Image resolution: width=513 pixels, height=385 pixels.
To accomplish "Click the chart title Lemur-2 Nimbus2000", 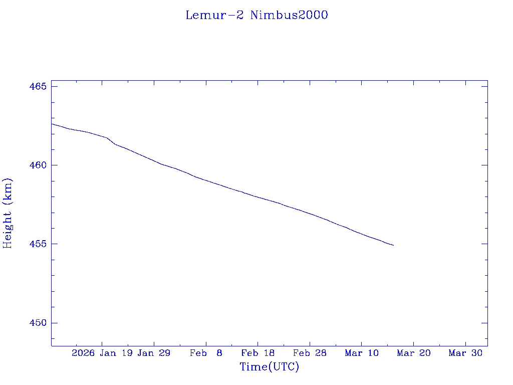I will [x=256, y=16].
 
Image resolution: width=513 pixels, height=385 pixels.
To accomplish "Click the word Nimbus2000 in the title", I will [x=289, y=16].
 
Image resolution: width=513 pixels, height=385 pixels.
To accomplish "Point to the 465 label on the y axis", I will [x=39, y=87].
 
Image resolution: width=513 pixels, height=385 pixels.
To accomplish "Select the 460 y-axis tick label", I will [x=39, y=165].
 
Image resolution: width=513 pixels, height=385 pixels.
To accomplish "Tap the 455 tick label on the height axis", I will [x=39, y=244].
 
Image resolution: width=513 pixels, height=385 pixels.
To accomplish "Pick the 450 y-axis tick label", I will [x=39, y=323].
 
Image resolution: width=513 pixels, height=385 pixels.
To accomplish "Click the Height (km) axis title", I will [x=8, y=213].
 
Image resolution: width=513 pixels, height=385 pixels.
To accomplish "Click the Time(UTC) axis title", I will [x=270, y=367].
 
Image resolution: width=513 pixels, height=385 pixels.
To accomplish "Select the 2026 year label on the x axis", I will [x=83, y=353].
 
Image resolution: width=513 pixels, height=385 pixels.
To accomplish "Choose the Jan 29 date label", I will [x=154, y=353].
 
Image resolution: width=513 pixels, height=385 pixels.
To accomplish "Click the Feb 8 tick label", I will [x=206, y=353].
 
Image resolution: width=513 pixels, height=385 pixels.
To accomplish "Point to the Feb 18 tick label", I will [x=258, y=353].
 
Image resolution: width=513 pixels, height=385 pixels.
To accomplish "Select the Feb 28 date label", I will [x=310, y=353].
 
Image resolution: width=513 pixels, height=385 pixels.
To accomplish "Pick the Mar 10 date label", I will [x=362, y=353].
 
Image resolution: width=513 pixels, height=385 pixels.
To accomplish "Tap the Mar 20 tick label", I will [x=414, y=353].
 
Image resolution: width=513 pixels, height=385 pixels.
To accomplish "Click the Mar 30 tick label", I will [x=465, y=353].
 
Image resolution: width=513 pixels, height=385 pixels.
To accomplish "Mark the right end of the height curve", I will [x=393, y=245].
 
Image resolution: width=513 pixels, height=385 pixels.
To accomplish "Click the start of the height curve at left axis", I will [x=52, y=124].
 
